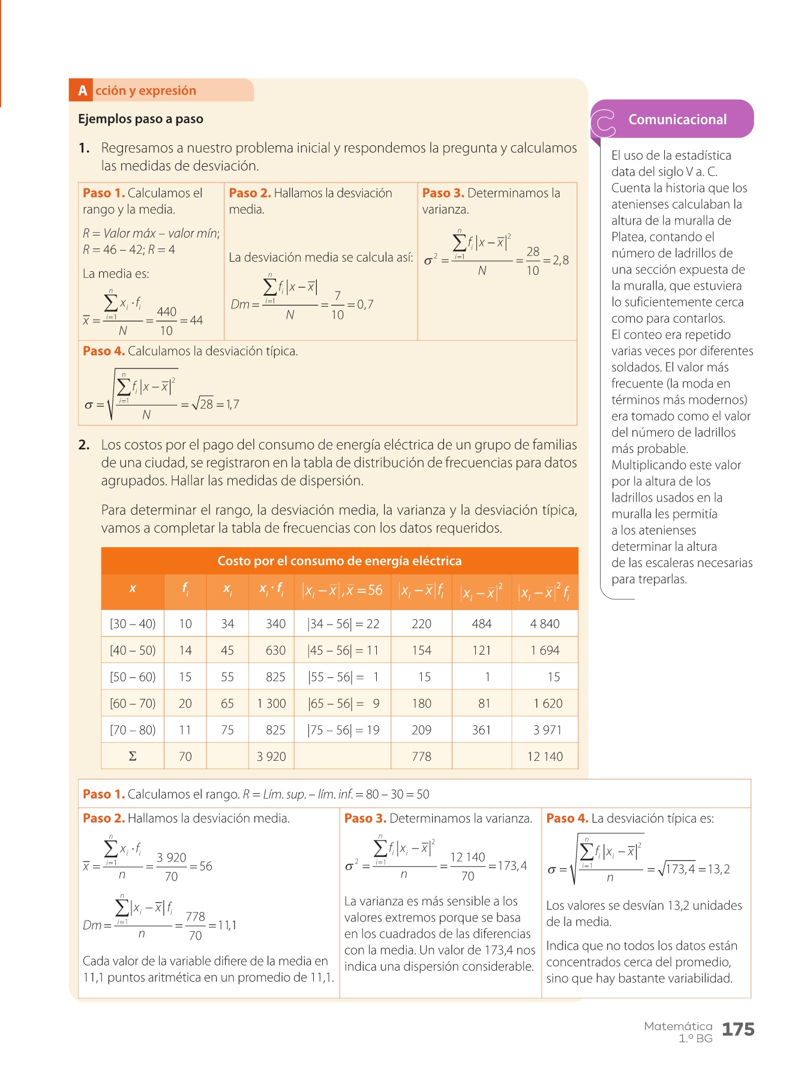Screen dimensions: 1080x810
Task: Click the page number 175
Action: point(737,1030)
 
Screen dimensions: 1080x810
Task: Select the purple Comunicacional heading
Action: point(677,119)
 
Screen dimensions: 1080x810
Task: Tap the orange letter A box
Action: point(82,91)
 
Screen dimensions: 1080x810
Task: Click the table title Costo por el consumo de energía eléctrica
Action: point(339,561)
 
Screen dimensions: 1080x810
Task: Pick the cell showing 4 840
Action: point(544,623)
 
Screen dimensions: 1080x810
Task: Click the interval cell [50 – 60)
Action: point(133,677)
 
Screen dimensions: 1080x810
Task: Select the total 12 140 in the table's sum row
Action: point(544,756)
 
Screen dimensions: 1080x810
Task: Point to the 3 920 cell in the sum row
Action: point(271,756)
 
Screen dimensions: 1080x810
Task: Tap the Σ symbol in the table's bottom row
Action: point(133,756)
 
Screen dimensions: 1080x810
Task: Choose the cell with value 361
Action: point(481,730)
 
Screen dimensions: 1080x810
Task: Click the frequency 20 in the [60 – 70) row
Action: point(185,703)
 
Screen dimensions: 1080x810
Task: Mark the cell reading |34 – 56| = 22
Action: point(343,623)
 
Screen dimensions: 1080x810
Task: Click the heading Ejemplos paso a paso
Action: point(140,119)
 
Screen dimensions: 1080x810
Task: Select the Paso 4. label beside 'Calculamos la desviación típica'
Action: point(103,351)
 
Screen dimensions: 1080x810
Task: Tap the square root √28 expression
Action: point(202,404)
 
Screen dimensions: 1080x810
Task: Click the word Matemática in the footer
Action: point(677,1026)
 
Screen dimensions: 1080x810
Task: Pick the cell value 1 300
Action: point(271,703)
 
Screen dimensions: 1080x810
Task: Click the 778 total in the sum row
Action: point(421,756)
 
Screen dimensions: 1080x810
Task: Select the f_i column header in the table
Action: point(185,589)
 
